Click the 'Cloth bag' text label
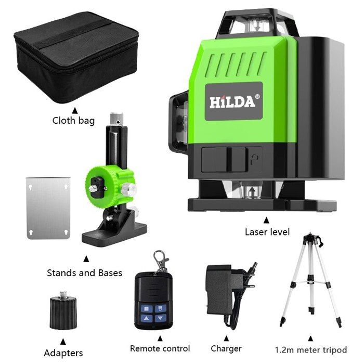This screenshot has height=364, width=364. tap(73, 121)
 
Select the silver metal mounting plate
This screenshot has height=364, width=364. tap(48, 207)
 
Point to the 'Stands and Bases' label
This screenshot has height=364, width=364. tap(84, 272)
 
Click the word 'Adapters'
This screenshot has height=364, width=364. tap(62, 353)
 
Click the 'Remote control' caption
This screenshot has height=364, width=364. tap(160, 348)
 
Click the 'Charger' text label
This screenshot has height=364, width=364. tap(226, 348)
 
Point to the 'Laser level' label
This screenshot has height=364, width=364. tap(267, 232)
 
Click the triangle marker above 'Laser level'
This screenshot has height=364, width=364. tap(267, 219)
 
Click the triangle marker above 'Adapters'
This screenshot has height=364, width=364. tap(63, 341)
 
